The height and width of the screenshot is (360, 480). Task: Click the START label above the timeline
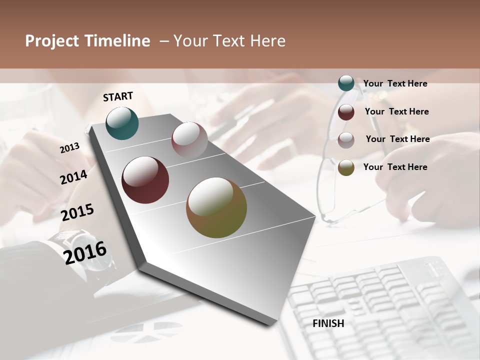point(118,96)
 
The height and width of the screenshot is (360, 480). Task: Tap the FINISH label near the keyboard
point(328,323)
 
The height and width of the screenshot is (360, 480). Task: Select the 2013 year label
point(70,147)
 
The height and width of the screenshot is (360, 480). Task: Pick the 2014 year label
point(73,177)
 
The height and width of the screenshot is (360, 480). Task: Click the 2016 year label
point(85,252)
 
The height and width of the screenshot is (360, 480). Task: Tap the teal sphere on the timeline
point(122,123)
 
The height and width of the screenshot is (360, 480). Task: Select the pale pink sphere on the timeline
point(189,140)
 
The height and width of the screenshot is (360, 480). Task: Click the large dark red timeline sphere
point(145,180)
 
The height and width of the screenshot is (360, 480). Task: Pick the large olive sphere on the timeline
point(216,207)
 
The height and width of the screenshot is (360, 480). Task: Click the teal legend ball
point(346,83)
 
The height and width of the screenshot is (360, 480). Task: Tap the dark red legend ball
point(346,112)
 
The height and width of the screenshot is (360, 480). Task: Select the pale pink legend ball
point(346,140)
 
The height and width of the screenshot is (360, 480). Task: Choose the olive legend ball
point(346,167)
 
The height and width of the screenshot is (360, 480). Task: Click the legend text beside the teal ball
point(395,83)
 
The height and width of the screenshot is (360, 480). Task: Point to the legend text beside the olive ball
point(395,167)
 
